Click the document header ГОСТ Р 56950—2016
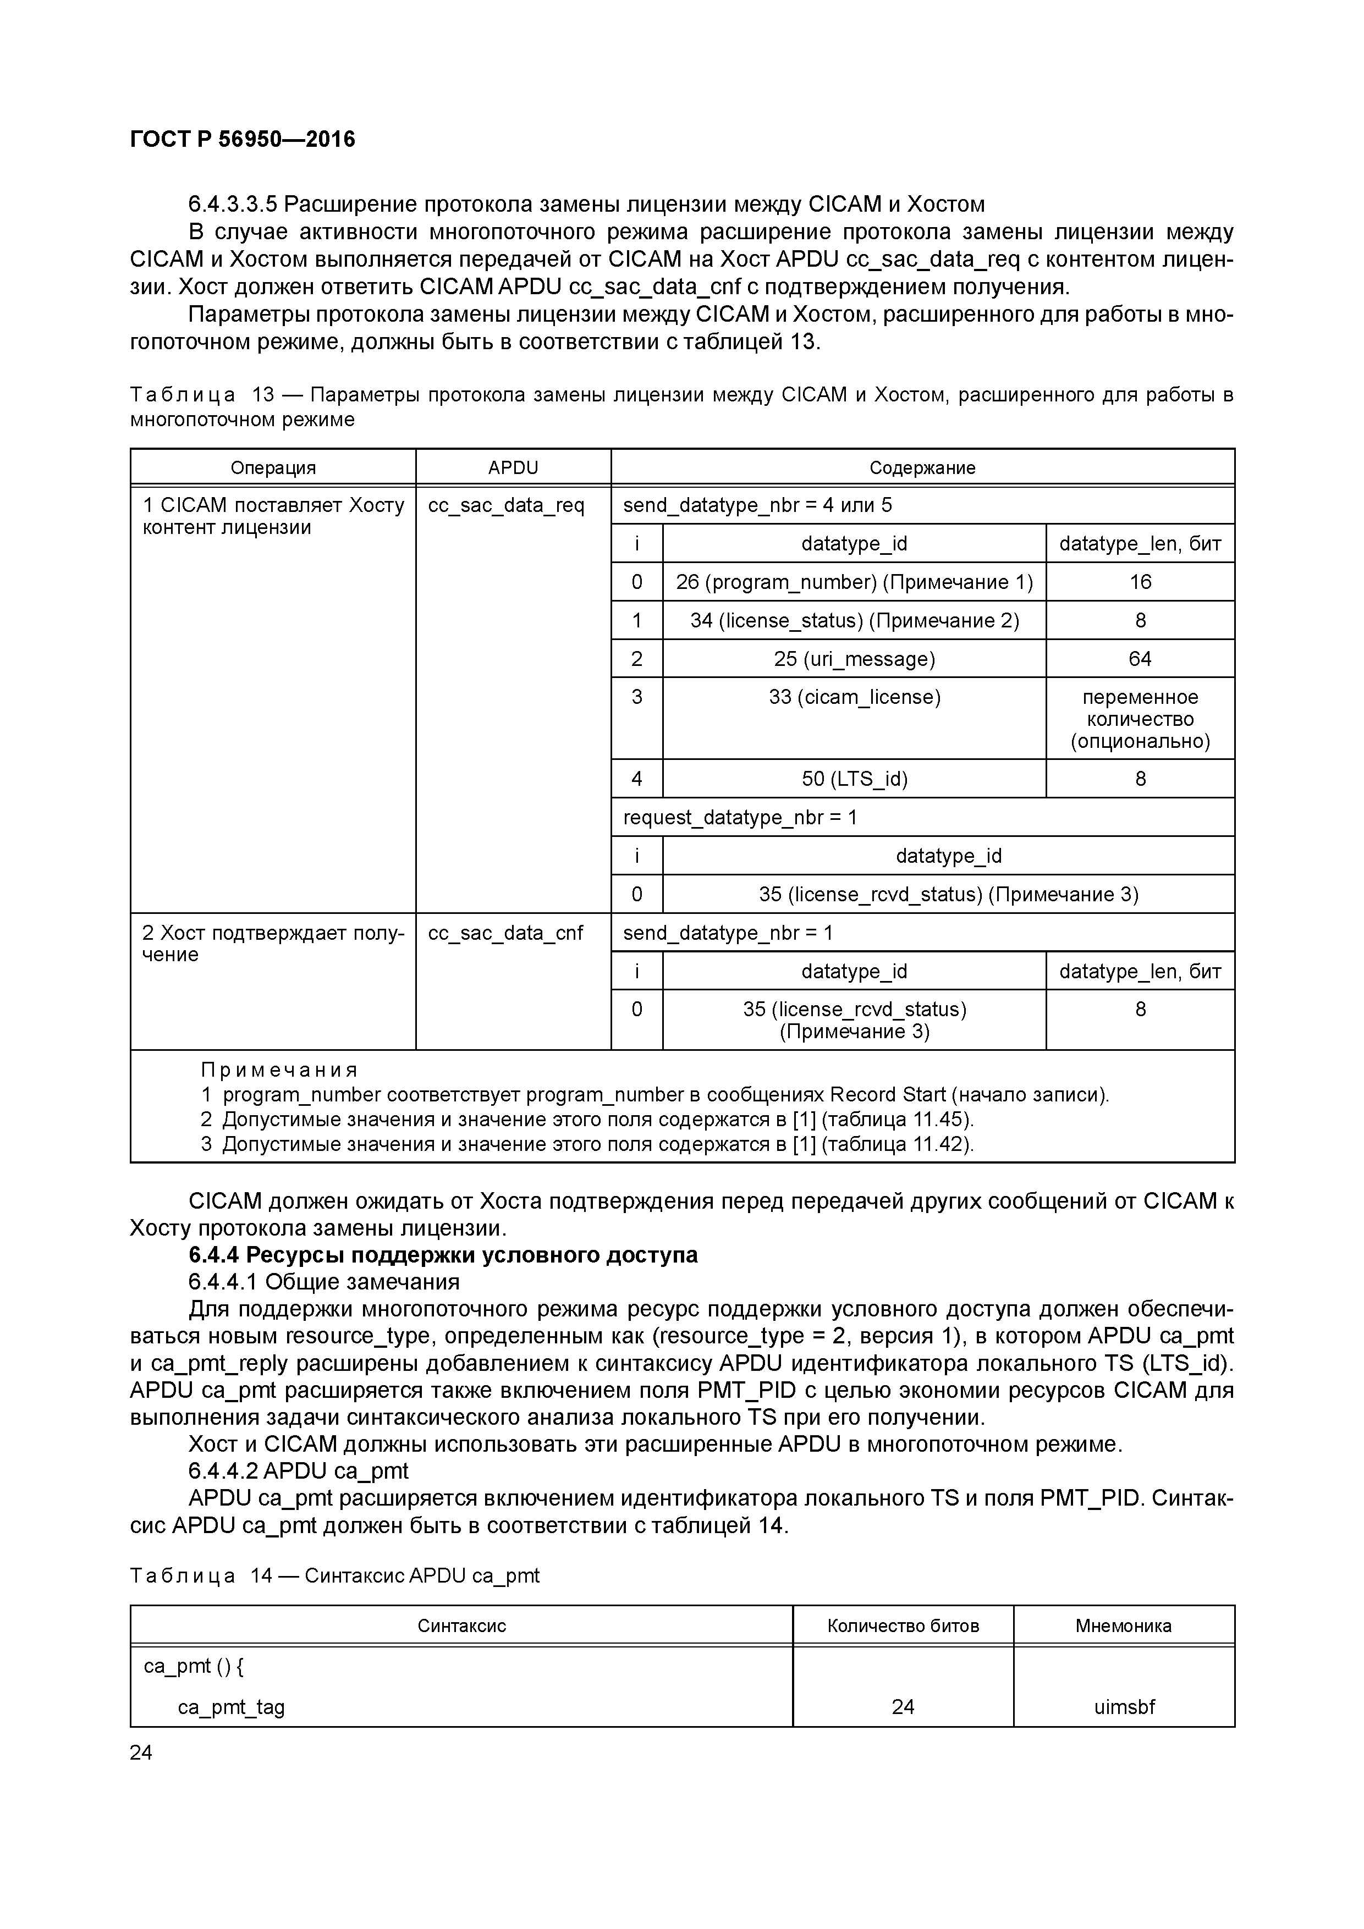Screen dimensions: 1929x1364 243,140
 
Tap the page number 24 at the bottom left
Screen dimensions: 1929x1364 141,1752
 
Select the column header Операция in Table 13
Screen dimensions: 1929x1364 273,468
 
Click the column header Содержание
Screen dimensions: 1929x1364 922,468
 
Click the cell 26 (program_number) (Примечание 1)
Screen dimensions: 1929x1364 854,582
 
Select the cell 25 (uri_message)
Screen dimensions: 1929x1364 854,659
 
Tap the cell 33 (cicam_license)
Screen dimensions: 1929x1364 854,697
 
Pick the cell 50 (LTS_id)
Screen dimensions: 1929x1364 854,779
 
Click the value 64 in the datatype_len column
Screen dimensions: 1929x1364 1140,659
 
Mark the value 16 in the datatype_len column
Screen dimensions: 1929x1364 1140,582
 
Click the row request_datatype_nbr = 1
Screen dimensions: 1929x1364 740,818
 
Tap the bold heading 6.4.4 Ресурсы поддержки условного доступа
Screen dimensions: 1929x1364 443,1255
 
